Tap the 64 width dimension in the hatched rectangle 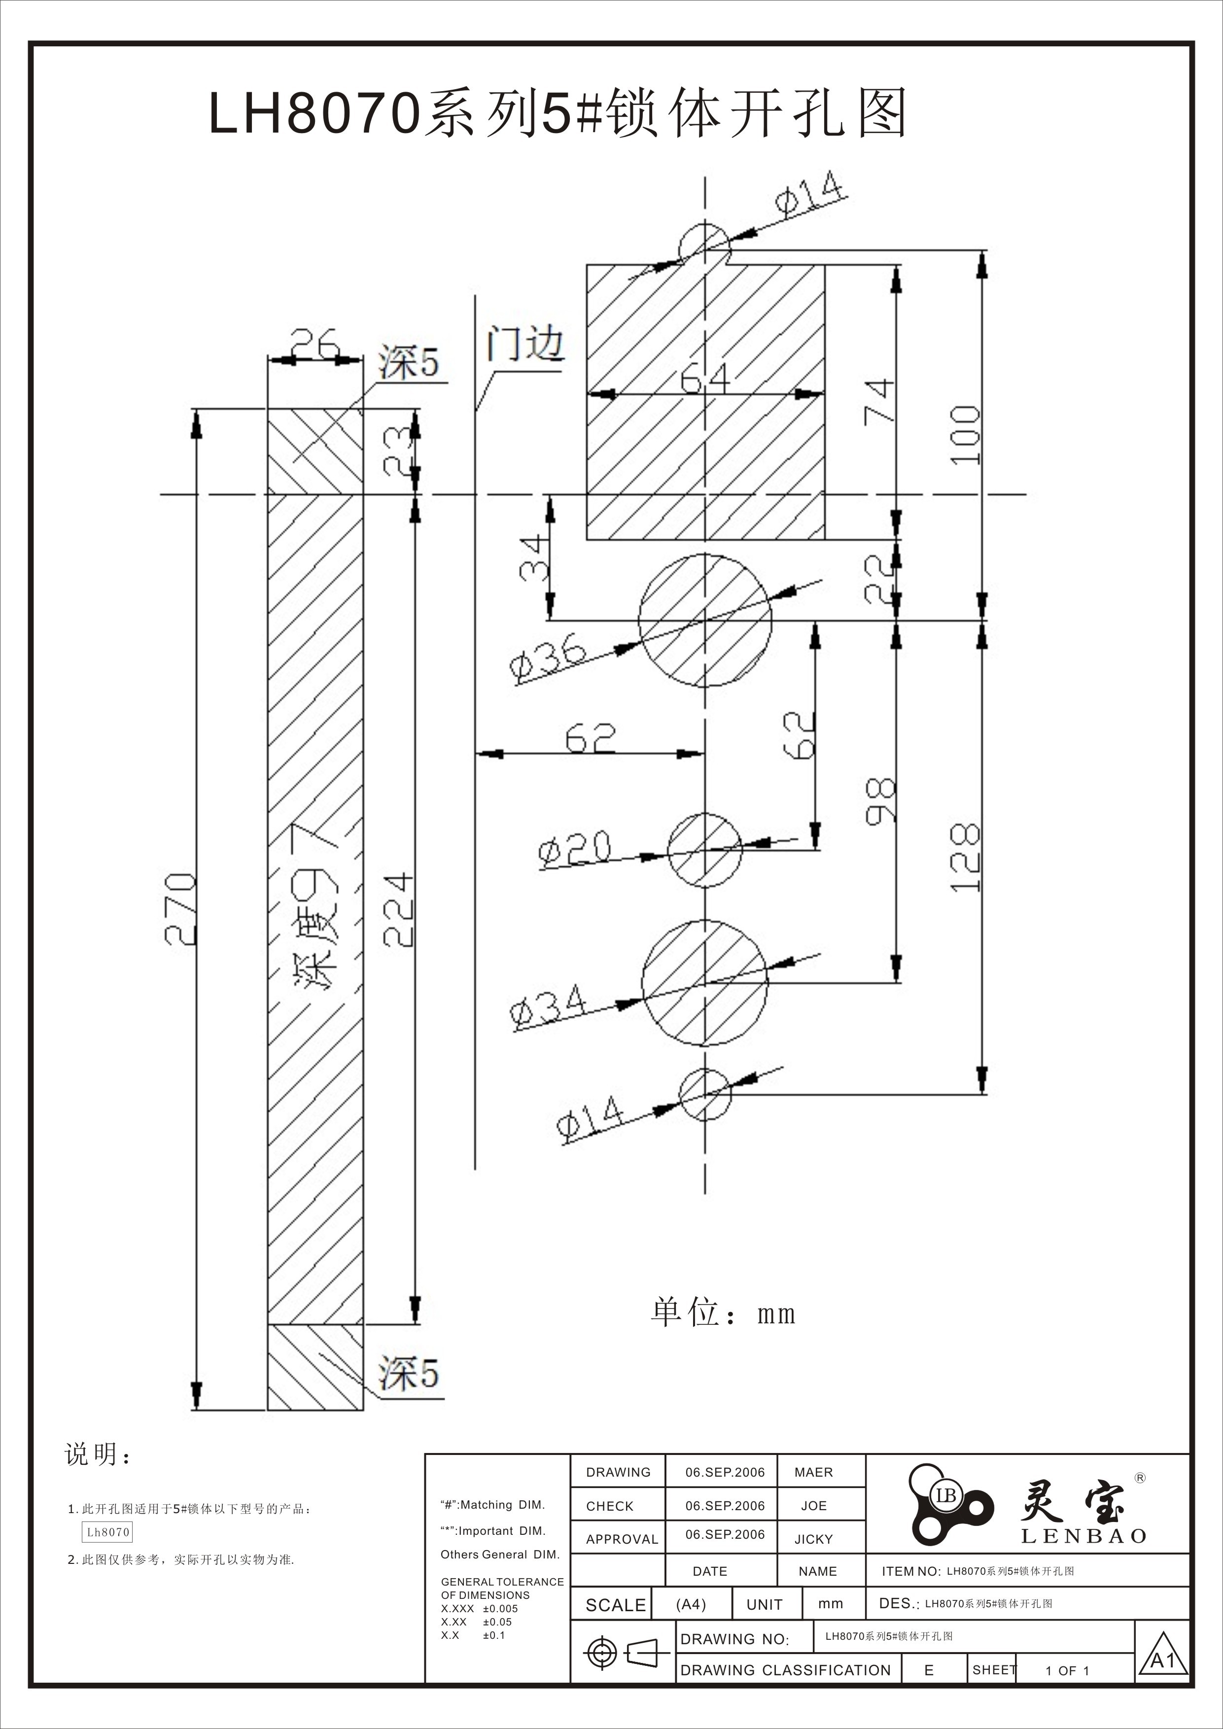(705, 379)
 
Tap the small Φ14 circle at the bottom (705, 1094)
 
